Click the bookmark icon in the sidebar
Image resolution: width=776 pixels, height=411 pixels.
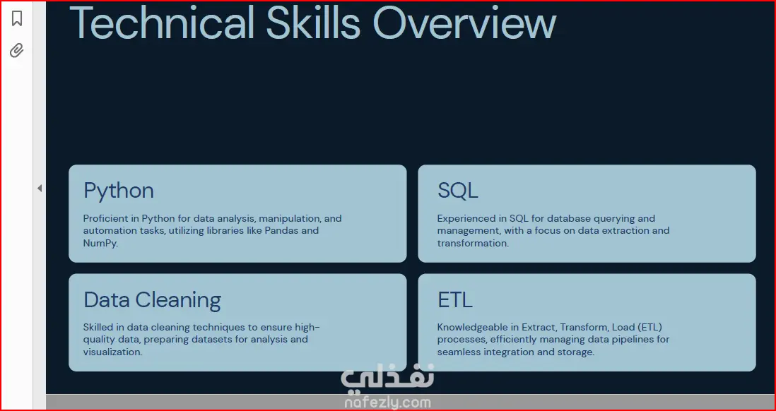click(x=17, y=18)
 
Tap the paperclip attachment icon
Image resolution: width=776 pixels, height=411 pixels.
click(x=17, y=50)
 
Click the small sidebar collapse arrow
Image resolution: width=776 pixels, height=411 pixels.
click(x=40, y=188)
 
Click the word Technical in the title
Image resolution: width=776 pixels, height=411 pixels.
click(x=162, y=23)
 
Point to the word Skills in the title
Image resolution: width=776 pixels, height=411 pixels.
click(x=313, y=23)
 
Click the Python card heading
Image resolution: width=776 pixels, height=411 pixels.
click(x=119, y=191)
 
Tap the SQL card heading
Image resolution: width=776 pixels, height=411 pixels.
click(x=458, y=191)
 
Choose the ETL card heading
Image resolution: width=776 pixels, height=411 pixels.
click(x=455, y=299)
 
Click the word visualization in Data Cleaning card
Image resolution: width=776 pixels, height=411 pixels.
click(x=112, y=352)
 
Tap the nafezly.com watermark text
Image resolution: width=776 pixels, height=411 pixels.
click(x=387, y=403)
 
